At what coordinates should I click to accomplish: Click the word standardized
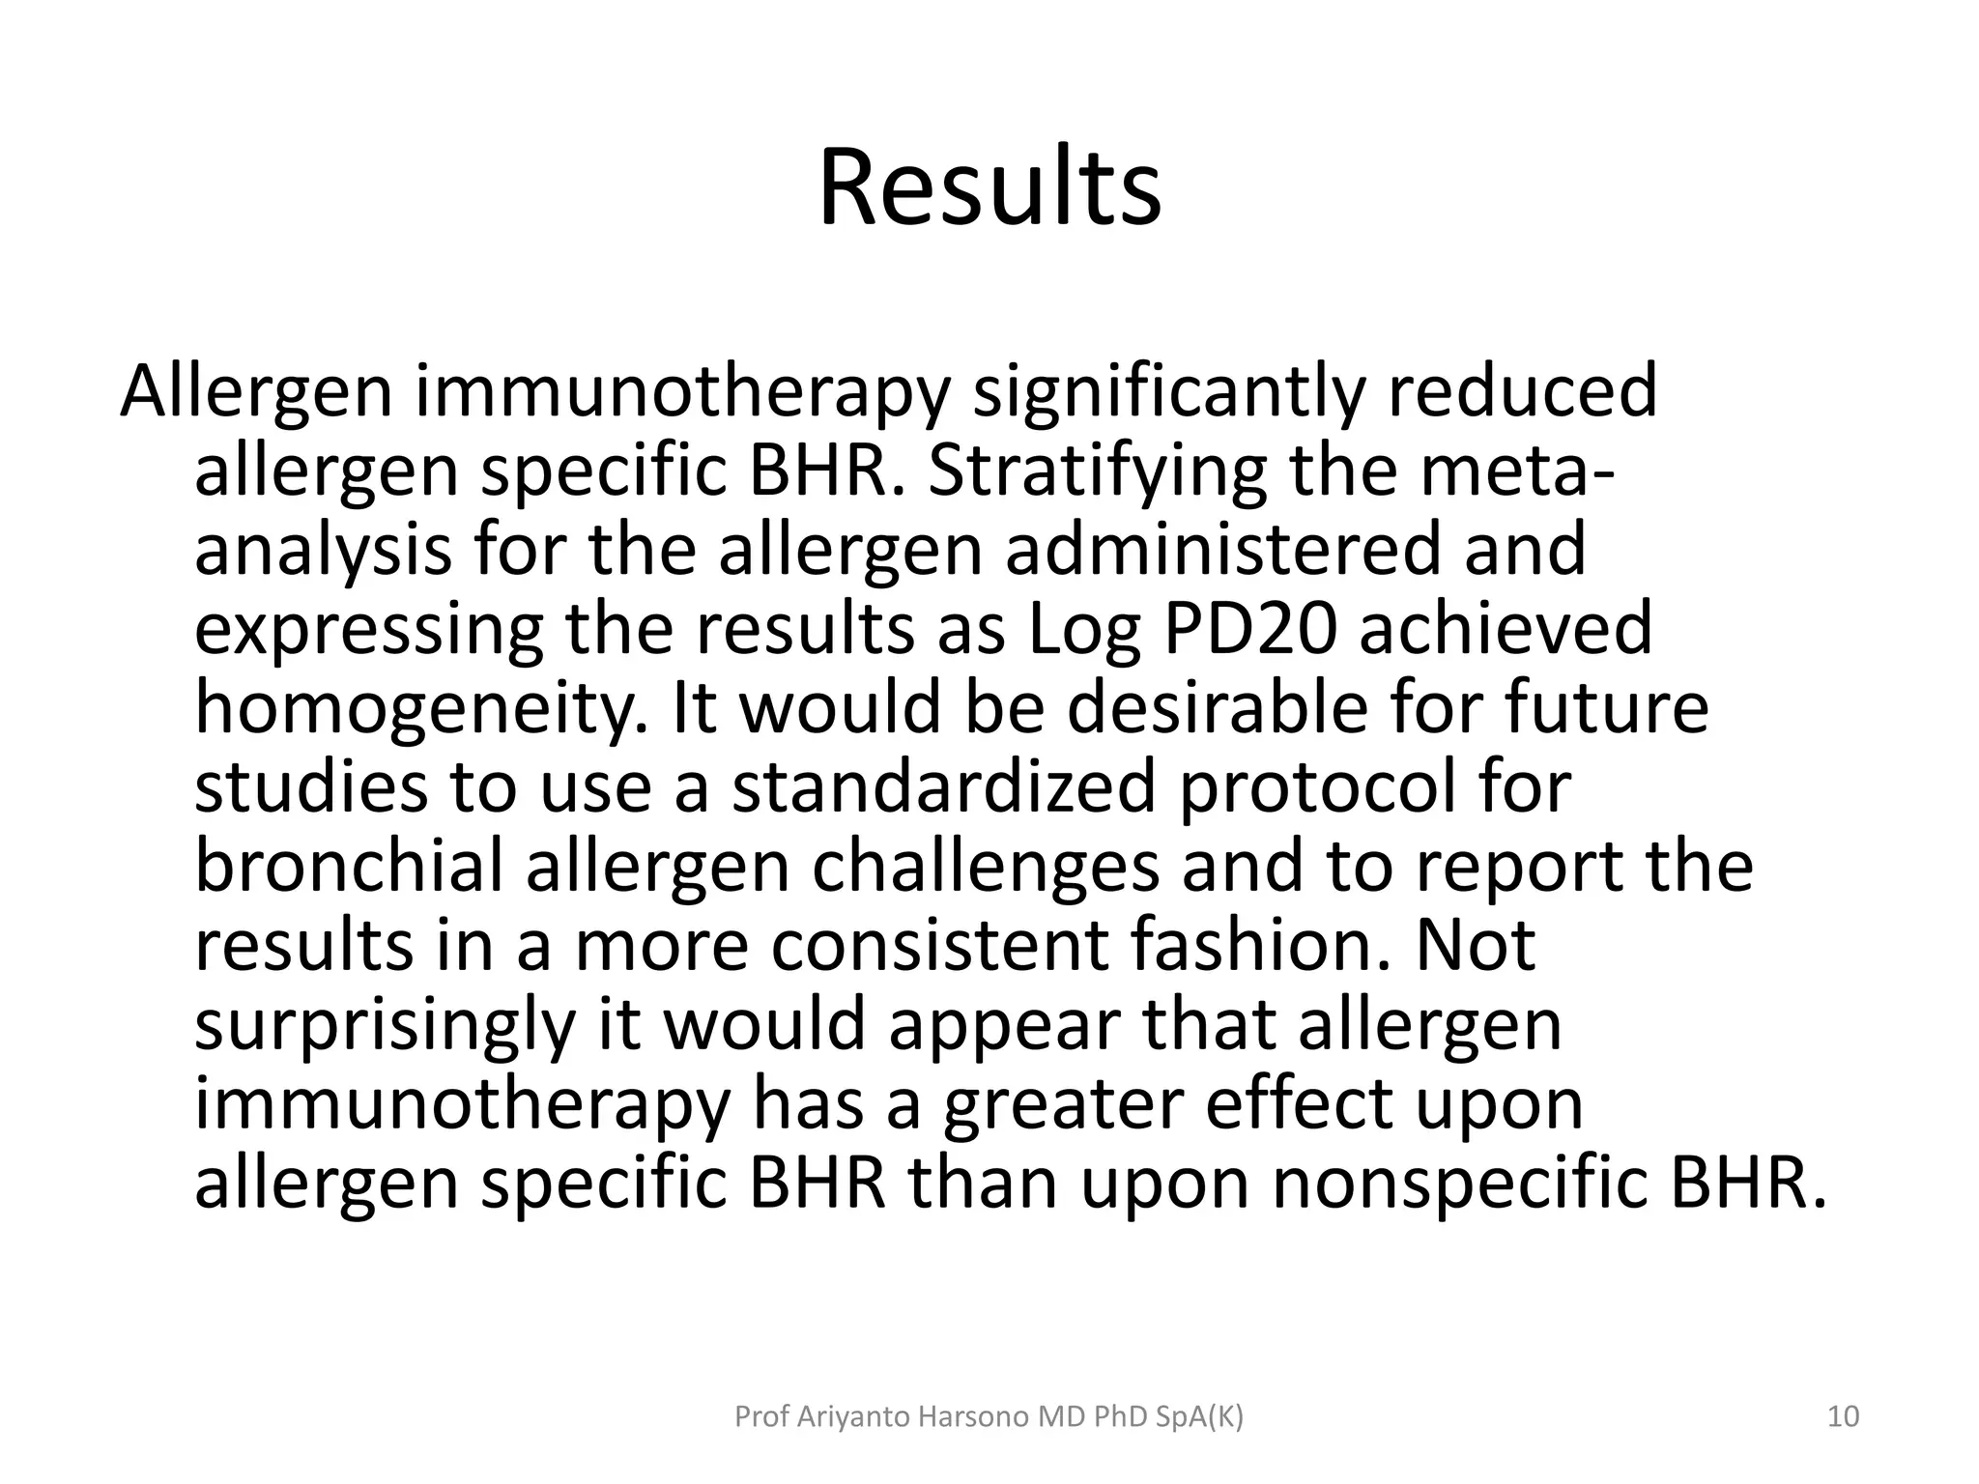click(x=943, y=787)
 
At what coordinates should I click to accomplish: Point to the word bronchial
click(x=349, y=867)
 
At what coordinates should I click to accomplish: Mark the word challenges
click(x=986, y=868)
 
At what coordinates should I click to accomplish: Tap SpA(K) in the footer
click(x=1199, y=1417)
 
